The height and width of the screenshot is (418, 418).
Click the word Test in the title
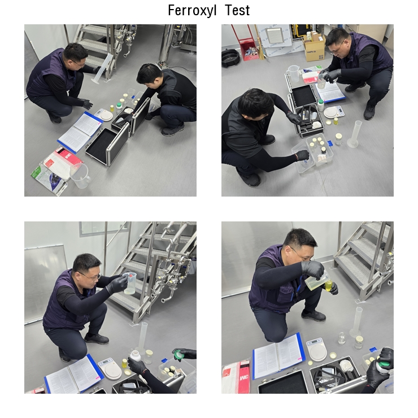point(237,11)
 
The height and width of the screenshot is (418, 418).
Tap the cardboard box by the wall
point(315,48)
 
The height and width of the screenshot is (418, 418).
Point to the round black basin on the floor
point(230,57)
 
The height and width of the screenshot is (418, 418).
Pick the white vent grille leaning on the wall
point(275,35)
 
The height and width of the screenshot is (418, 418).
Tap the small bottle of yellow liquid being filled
point(329,285)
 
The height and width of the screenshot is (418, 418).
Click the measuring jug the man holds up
point(130,283)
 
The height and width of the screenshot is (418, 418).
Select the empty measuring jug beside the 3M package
point(80,176)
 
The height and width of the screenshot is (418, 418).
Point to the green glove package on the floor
point(48,178)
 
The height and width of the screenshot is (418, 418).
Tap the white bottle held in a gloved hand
point(135,356)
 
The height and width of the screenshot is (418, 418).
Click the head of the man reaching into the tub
point(255,103)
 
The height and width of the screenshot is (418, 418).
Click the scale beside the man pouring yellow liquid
point(317,350)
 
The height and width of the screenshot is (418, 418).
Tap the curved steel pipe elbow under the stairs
point(167,296)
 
